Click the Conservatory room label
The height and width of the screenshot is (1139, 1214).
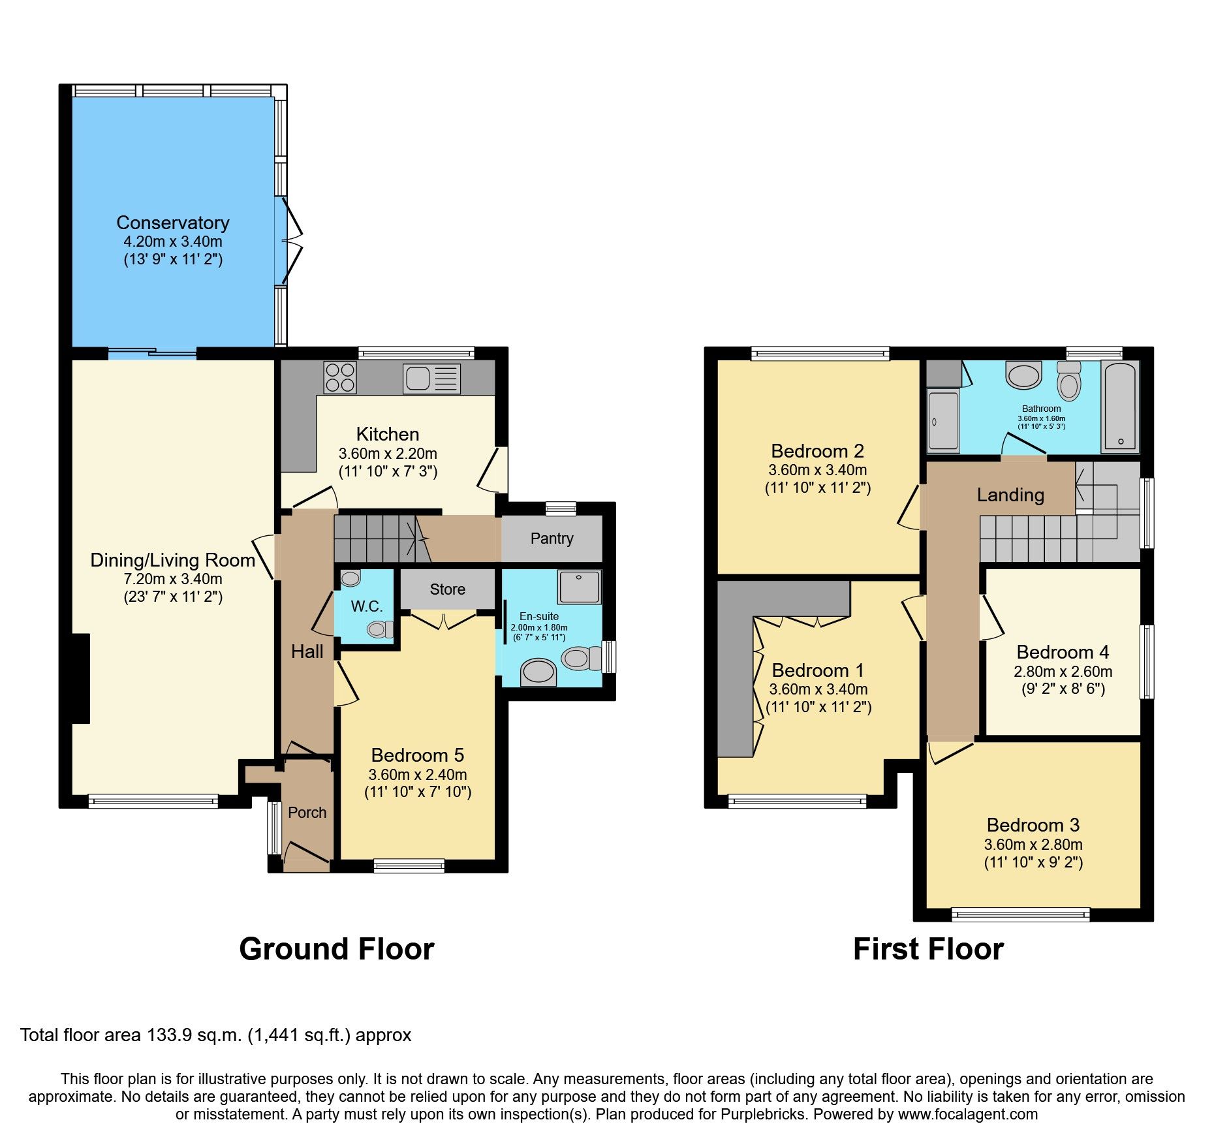pyautogui.click(x=173, y=223)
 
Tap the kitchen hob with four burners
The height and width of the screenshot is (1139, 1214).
pyautogui.click(x=340, y=377)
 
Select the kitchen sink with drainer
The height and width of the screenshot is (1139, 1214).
pyautogui.click(x=431, y=379)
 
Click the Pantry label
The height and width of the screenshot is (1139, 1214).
pyautogui.click(x=552, y=538)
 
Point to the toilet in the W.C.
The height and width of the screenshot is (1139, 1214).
pyautogui.click(x=379, y=629)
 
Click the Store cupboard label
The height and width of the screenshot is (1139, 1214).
pyautogui.click(x=447, y=589)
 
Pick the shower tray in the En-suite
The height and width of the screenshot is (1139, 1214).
pyautogui.click(x=579, y=587)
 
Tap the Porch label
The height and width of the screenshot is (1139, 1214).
pyautogui.click(x=307, y=813)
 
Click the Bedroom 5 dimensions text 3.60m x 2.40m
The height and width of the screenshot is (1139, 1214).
pyautogui.click(x=418, y=775)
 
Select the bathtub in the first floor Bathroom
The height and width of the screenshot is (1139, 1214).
pyautogui.click(x=1120, y=406)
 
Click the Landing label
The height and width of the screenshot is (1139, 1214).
pyautogui.click(x=1010, y=495)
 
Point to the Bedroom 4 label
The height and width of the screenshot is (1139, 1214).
pyautogui.click(x=1063, y=652)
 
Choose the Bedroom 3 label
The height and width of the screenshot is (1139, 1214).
pyautogui.click(x=1033, y=825)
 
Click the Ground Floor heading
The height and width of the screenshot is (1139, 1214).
pyautogui.click(x=336, y=949)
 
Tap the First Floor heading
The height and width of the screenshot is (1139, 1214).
pyautogui.click(x=927, y=949)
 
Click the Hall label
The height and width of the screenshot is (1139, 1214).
pyautogui.click(x=307, y=651)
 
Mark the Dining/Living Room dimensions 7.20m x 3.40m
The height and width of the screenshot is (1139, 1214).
pyautogui.click(x=173, y=579)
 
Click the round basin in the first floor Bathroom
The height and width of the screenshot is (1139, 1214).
pyautogui.click(x=1023, y=376)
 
